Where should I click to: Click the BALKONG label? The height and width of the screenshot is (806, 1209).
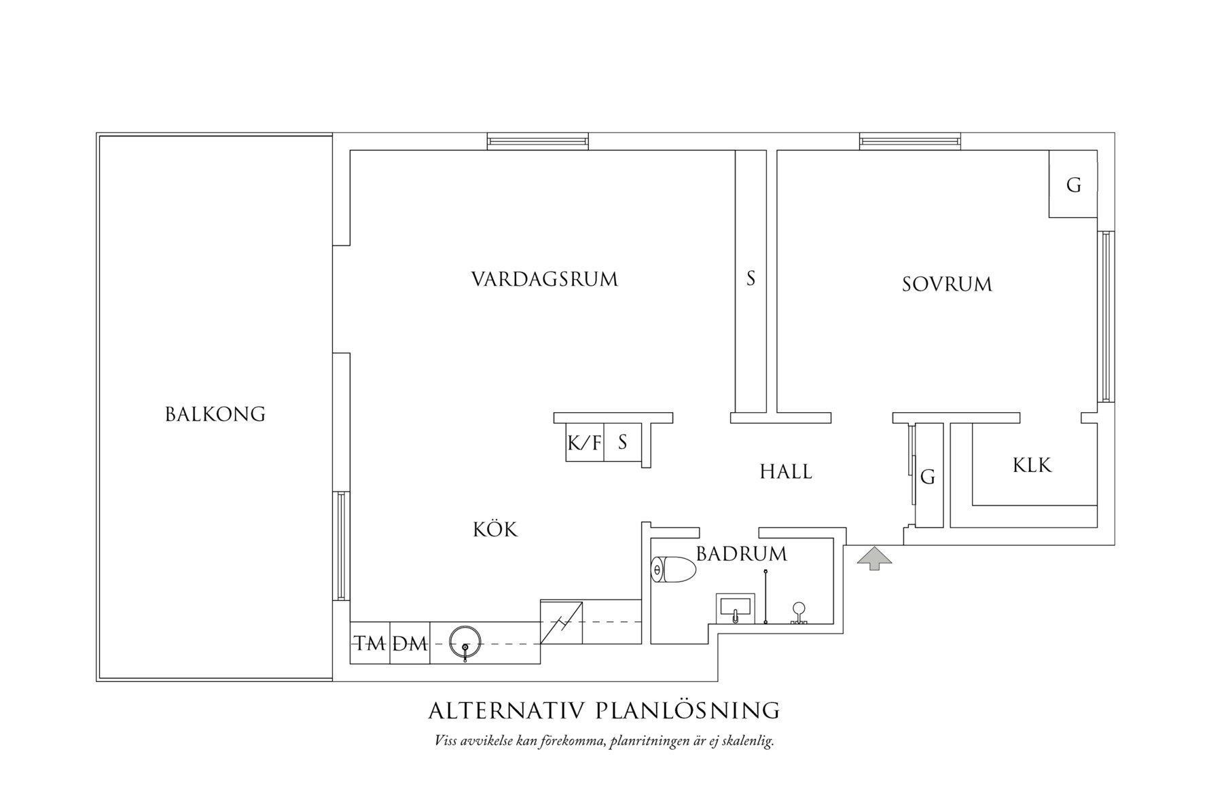(x=215, y=414)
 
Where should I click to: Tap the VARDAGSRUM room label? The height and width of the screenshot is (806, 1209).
(x=544, y=279)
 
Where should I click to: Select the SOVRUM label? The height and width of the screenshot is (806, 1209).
(x=947, y=284)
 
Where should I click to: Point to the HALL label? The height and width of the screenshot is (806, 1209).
(x=785, y=471)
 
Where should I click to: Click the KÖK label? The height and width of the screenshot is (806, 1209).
(x=495, y=530)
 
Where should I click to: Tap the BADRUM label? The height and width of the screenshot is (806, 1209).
(x=741, y=554)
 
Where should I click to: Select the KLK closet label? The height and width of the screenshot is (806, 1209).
(x=1032, y=465)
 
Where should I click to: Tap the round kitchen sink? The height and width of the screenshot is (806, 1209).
(x=465, y=641)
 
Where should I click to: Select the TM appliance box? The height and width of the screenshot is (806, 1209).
(x=370, y=642)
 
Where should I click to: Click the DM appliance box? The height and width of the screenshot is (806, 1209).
(x=410, y=642)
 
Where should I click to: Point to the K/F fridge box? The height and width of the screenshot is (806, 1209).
(x=584, y=443)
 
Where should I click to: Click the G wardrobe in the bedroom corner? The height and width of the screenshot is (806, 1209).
(x=1073, y=185)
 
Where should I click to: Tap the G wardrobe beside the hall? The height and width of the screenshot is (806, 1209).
(x=928, y=477)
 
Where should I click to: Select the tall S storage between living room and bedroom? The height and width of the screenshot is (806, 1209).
(x=751, y=278)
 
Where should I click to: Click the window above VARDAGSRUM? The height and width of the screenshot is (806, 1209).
(x=537, y=141)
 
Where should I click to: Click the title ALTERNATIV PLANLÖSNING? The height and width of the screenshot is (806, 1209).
(x=604, y=710)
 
